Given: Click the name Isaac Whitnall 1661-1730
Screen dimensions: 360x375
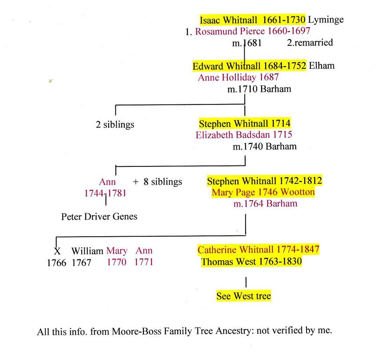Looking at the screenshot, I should (253, 20).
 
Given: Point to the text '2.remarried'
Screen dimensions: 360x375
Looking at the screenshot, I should (309, 43).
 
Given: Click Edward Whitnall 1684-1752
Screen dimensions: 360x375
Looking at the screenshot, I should (249, 66).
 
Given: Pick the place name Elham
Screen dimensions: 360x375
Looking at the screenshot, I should (322, 66).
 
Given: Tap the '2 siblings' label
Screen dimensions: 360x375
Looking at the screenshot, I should (114, 125).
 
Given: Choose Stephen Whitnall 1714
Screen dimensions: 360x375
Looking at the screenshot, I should (245, 124).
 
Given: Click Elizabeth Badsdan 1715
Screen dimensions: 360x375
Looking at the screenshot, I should (244, 135).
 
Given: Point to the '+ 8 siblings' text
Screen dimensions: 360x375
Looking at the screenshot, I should (157, 181).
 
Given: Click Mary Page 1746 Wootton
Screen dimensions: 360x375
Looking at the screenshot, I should (262, 192).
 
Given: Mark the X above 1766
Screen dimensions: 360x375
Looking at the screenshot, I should (57, 251).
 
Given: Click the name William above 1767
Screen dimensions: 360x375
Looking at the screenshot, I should (87, 251).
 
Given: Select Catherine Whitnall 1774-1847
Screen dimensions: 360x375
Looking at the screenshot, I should (258, 250).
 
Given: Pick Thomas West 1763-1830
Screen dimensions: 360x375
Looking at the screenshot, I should (251, 262).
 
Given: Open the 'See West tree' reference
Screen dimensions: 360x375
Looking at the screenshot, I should (243, 296).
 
